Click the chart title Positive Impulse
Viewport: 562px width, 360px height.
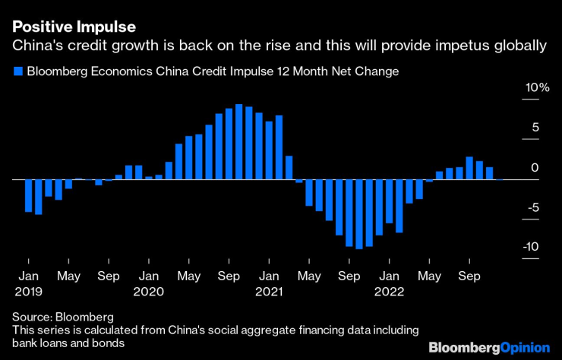pos(74,27)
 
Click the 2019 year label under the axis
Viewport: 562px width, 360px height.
pos(28,291)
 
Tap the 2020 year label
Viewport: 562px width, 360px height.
pos(149,291)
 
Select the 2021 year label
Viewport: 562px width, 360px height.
pos(269,291)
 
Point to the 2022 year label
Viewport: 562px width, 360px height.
pos(390,291)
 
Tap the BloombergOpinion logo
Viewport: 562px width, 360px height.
pos(489,347)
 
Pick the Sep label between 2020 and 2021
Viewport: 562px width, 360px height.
pos(229,276)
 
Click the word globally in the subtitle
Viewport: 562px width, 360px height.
pos(520,47)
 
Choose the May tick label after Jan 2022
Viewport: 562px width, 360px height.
pos(430,276)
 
